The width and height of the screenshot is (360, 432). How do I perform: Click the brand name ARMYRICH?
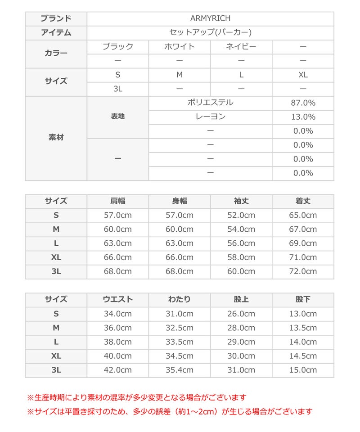point(210,18)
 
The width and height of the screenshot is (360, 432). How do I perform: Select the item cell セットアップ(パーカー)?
point(210,32)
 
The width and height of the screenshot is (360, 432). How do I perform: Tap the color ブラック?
point(118,46)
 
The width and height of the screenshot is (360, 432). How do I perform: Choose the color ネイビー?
point(241,46)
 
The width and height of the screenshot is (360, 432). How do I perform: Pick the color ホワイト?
point(180,46)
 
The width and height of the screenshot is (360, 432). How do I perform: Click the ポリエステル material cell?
point(210,103)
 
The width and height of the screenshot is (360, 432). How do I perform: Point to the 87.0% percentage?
point(303,103)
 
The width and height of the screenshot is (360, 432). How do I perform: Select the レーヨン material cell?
point(210,117)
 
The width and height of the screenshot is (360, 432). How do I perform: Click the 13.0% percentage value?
point(303,117)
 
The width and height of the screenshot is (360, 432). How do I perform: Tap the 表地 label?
point(118,117)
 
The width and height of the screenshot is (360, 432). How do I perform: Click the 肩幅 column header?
point(118,201)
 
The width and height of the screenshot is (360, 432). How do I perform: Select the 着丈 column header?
point(303,201)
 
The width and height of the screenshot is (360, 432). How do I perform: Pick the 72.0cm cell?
point(303,271)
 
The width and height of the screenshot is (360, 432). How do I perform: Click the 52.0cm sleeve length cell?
point(241,215)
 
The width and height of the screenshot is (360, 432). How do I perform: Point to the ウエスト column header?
point(118,299)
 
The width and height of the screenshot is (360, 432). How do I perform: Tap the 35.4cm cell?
point(180,370)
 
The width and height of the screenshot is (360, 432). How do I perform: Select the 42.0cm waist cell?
point(118,370)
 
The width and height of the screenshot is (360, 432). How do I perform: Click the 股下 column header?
point(303,299)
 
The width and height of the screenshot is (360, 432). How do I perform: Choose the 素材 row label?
point(56,138)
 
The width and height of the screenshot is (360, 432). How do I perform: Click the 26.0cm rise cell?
point(241,314)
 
